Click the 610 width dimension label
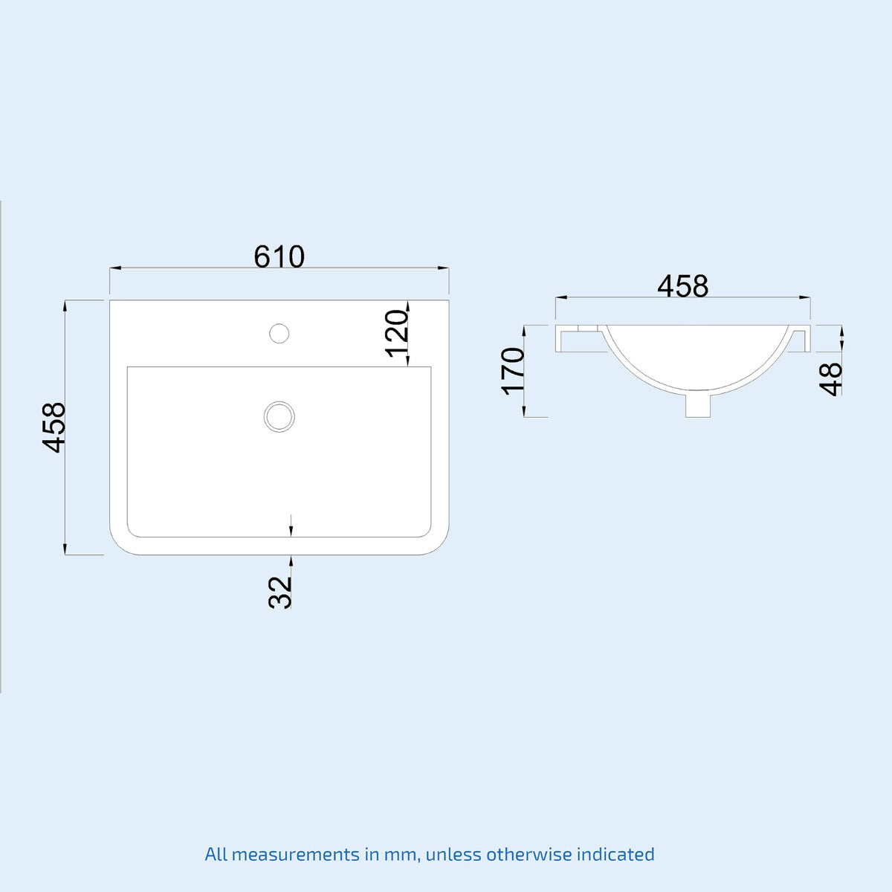point(279,256)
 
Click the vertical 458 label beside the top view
point(55,427)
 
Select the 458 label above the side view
point(682,286)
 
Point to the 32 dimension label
point(280,592)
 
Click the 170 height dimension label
point(513,371)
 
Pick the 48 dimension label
point(832,378)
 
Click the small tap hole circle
point(279,332)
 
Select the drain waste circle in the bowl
point(279,416)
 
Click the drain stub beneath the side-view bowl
point(697,405)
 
